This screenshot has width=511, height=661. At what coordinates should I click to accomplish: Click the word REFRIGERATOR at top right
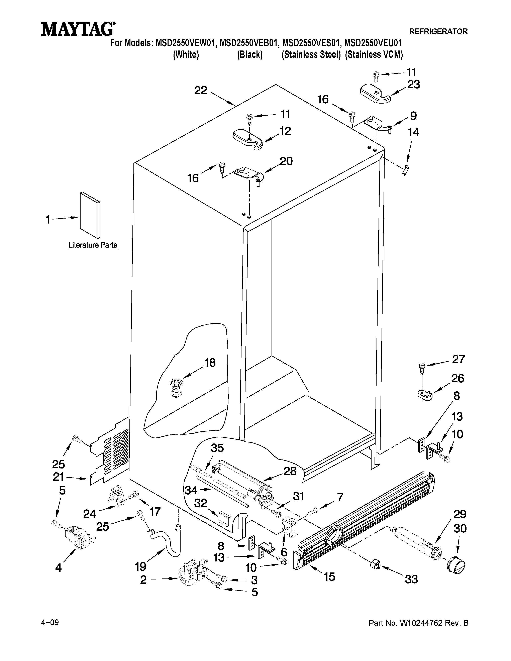click(x=438, y=31)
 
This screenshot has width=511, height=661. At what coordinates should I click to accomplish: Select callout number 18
click(x=209, y=363)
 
